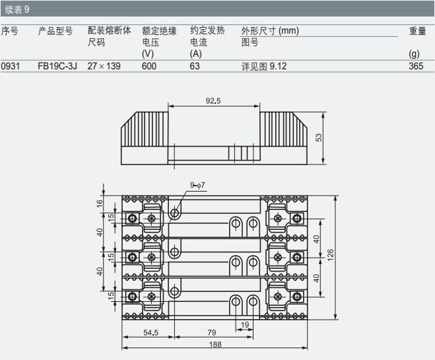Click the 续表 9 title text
pos(17,10)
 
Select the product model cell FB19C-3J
pos(57,66)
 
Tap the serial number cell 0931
pos(11,66)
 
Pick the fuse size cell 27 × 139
pos(104,66)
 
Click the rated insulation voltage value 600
pos(149,66)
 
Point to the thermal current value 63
pos(195,66)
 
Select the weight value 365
pos(416,66)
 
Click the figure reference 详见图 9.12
pos(264,66)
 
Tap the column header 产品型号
pos(55,31)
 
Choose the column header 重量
pos(418,31)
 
